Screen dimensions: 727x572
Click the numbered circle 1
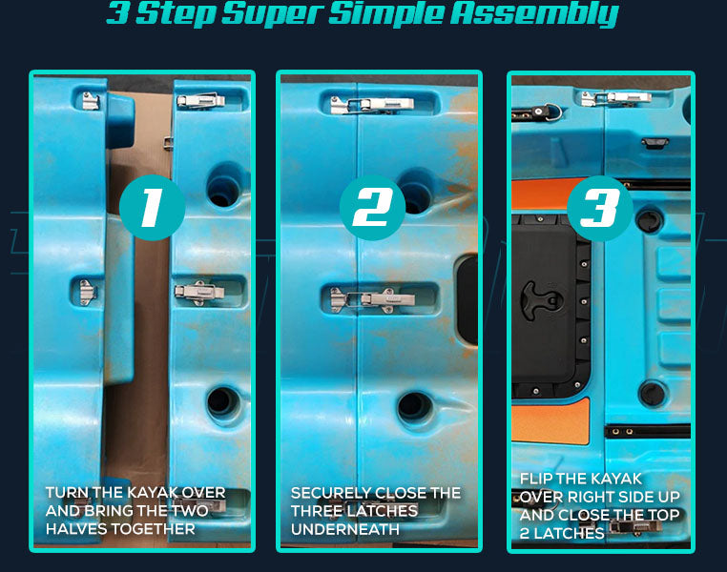pyautogui.click(x=152, y=208)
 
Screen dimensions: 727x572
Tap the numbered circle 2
pyautogui.click(x=372, y=208)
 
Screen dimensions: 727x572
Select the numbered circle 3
pyautogui.click(x=600, y=208)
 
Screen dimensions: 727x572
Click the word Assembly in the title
pyautogui.click(x=534, y=13)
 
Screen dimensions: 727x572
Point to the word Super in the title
pyautogui.click(x=272, y=13)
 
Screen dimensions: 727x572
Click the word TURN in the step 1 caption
pyautogui.click(x=67, y=492)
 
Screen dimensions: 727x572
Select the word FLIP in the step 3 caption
pyautogui.click(x=535, y=479)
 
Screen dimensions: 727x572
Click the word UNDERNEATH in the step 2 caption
pyautogui.click(x=345, y=529)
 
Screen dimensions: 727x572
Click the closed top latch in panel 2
pyautogui.click(x=372, y=105)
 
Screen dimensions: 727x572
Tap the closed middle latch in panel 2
pyautogui.click(x=372, y=298)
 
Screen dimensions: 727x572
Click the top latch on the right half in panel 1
pyautogui.click(x=200, y=100)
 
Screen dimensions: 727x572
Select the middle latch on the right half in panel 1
pyautogui.click(x=199, y=292)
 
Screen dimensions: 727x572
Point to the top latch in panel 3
pyautogui.click(x=616, y=98)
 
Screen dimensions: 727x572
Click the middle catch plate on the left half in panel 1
pyautogui.click(x=87, y=293)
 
